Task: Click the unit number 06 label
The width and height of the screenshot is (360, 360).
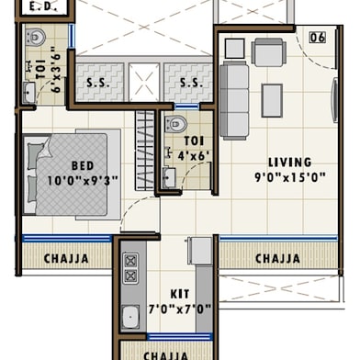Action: click(x=318, y=38)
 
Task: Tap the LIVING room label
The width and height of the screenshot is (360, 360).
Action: click(x=290, y=163)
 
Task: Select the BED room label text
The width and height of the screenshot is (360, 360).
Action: click(x=83, y=165)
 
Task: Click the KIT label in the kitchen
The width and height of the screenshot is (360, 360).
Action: click(x=180, y=294)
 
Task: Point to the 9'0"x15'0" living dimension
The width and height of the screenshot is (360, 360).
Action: click(x=290, y=177)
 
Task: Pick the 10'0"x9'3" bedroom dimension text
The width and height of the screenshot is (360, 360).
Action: click(x=83, y=180)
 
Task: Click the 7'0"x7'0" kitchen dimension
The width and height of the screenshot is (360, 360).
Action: click(x=180, y=309)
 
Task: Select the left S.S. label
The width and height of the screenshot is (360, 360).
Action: click(x=98, y=83)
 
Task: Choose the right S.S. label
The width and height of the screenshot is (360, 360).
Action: click(x=191, y=83)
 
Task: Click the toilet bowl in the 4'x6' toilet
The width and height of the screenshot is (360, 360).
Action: click(x=175, y=123)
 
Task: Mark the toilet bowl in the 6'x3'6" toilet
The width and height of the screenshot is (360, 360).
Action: click(x=35, y=37)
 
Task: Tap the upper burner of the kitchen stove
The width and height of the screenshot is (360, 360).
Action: click(x=130, y=261)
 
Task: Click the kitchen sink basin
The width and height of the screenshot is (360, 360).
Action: click(x=130, y=317)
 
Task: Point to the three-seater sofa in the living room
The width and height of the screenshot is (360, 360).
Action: click(x=234, y=100)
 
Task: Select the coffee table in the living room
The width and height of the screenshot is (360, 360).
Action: click(x=272, y=100)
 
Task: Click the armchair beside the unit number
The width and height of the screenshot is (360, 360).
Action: click(x=269, y=52)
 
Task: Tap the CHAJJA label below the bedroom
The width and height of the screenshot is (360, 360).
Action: click(x=66, y=259)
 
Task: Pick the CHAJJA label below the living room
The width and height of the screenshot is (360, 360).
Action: click(x=277, y=259)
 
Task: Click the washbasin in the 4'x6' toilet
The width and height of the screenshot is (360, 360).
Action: click(x=169, y=177)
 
